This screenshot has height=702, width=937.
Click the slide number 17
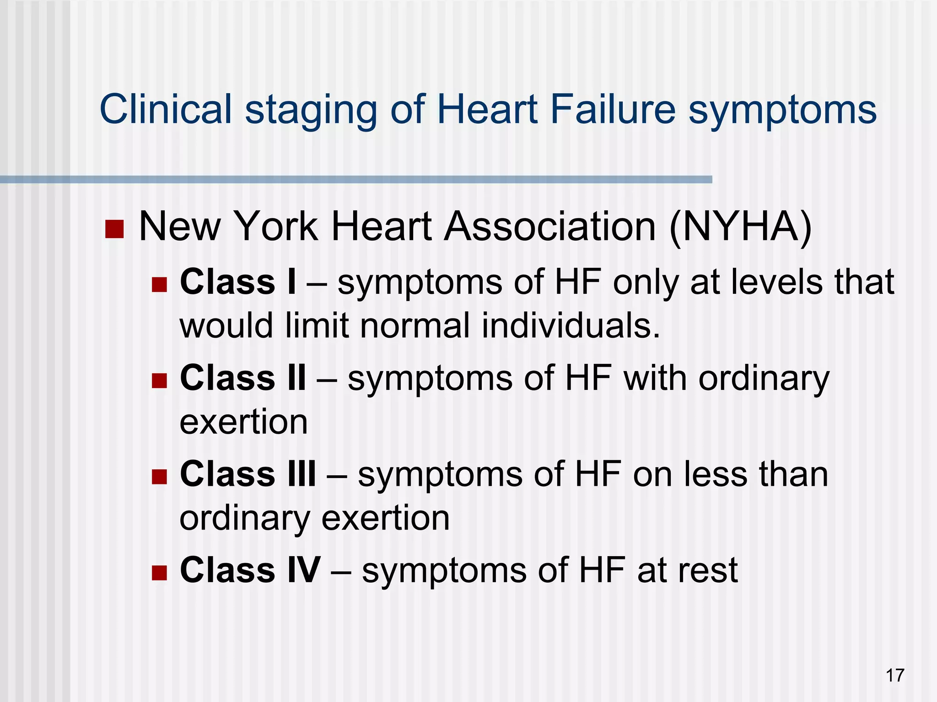(895, 675)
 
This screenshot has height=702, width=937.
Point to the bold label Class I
(238, 282)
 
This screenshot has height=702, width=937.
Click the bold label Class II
(243, 378)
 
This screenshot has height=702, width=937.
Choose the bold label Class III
(248, 474)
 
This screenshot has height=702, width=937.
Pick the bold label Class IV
(250, 570)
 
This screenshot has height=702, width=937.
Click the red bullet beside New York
(114, 229)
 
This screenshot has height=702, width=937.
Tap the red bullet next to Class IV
(159, 573)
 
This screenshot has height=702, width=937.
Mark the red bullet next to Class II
(159, 381)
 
